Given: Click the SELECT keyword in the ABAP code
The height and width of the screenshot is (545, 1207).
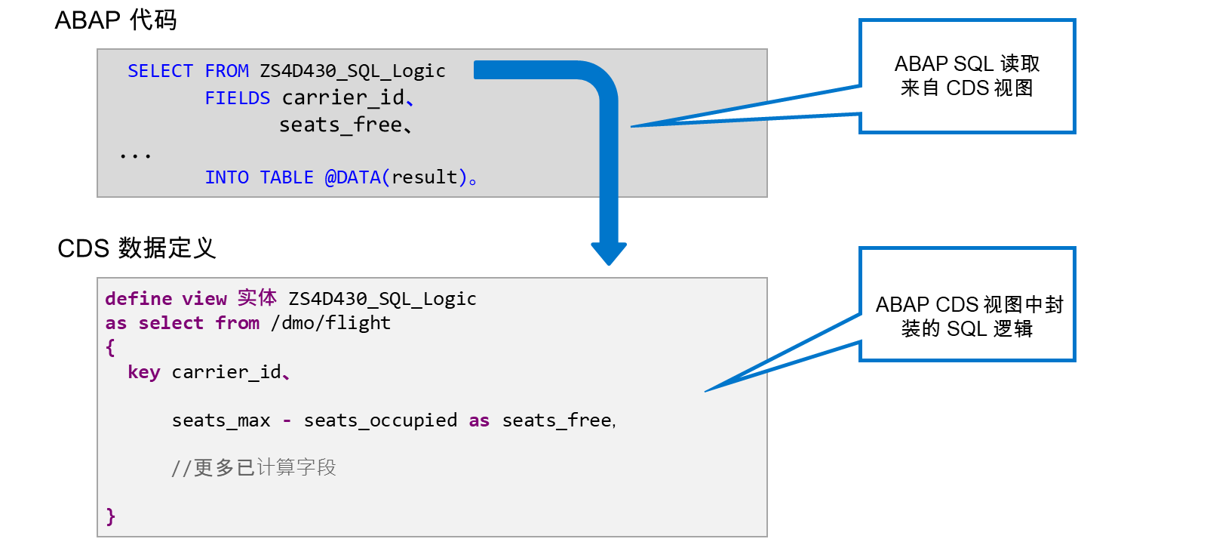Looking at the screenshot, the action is (x=160, y=71).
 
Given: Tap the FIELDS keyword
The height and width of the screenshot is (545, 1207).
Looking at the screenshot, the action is (x=237, y=97).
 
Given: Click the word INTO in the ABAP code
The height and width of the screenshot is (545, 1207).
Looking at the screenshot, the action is (x=226, y=177).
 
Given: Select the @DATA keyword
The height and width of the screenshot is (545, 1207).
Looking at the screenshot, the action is (x=352, y=177).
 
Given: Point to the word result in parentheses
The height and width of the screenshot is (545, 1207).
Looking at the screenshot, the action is (x=424, y=177).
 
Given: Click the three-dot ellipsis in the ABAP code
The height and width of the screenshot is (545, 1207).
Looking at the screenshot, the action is (x=135, y=156).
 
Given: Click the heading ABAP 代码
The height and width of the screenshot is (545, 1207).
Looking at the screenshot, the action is (x=115, y=20).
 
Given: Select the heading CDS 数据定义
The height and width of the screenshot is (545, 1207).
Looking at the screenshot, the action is (x=137, y=248).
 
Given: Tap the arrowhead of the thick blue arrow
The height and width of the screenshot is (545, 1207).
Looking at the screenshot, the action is (x=608, y=254).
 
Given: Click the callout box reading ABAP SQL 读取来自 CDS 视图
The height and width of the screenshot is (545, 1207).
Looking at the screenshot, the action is (x=966, y=76).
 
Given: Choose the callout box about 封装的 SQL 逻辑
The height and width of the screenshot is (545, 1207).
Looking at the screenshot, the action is (x=966, y=304).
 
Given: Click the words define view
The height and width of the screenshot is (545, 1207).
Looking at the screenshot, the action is (x=166, y=298).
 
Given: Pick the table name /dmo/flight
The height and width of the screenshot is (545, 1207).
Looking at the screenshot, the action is (x=330, y=322).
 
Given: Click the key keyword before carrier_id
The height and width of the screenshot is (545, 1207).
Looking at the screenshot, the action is (x=144, y=372).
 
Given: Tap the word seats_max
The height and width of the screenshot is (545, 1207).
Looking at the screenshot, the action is (x=221, y=420).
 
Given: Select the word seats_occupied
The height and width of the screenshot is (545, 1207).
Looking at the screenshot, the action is (x=380, y=420).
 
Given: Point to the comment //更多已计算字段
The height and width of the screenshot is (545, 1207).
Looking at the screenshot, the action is (x=253, y=467).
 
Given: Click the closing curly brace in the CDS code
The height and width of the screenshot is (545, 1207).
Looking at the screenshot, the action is (x=110, y=516).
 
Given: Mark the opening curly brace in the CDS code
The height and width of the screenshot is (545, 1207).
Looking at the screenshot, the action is (x=110, y=347).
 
